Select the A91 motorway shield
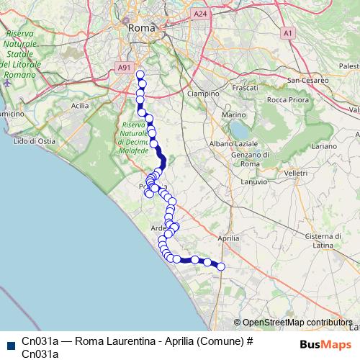tap(125, 68)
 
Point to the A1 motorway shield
tap(287, 32)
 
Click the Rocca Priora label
tap(287, 99)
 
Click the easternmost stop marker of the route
tap(221, 267)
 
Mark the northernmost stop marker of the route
tap(140, 75)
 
